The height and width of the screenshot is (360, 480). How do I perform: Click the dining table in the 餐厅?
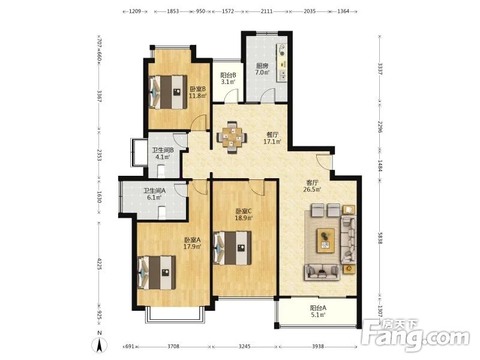point(232,137)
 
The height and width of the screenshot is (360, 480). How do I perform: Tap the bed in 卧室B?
point(168,92)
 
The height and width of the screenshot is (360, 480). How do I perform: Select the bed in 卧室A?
point(157,272)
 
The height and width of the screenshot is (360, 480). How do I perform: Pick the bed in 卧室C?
point(232,248)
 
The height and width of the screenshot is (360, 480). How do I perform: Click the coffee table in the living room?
point(326,241)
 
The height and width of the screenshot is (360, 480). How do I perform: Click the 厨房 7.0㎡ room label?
point(263,69)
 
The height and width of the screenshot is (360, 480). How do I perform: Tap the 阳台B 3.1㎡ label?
point(228,79)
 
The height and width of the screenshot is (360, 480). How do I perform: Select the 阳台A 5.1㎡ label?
point(318,311)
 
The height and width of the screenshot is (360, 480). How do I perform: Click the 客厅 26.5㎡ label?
point(312,186)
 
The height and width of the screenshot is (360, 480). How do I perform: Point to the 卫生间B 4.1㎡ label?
point(163,154)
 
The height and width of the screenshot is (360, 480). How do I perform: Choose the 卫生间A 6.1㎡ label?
point(155,194)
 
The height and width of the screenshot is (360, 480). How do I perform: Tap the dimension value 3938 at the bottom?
point(318,346)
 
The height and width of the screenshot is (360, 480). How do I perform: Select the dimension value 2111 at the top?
point(266,11)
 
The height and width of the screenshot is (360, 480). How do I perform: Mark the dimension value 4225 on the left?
point(99,264)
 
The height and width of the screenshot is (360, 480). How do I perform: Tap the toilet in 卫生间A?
point(162,213)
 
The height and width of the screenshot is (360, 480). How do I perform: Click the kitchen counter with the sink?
point(282,63)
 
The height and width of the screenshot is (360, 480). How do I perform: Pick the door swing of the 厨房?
point(268,95)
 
